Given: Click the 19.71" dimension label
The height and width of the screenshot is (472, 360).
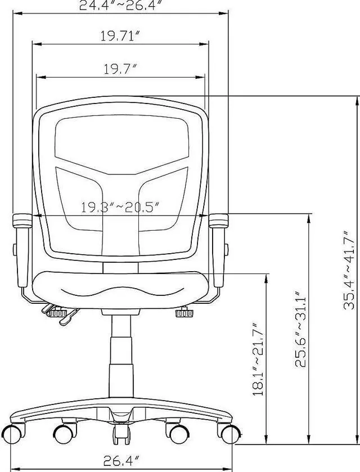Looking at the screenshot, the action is point(120,36).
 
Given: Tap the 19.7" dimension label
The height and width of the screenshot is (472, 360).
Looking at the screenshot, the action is point(120,69).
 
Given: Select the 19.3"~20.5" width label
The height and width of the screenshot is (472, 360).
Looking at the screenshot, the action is point(120,207).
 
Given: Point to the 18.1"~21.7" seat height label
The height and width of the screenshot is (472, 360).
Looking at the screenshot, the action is point(258,359).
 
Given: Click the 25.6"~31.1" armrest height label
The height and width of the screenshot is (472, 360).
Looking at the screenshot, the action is point(300,329).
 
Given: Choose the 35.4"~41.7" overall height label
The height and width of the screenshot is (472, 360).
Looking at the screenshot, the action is point(349,270).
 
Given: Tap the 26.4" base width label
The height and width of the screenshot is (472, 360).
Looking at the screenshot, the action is point(121,461).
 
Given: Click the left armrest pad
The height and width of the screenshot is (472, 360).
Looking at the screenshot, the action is point(22,221).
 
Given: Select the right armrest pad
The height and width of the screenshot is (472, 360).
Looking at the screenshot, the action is point(218,221).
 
